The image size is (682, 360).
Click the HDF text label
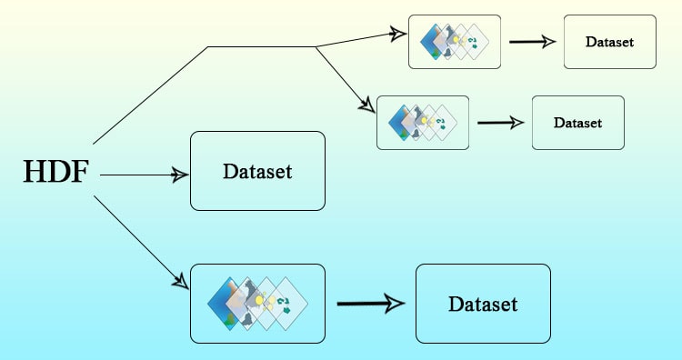pyautogui.click(x=55, y=172)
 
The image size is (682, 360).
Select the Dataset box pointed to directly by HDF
pyautogui.click(x=257, y=171)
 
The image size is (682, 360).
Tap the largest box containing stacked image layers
pyautogui.click(x=257, y=304)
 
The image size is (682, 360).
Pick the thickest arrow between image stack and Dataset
pyautogui.click(x=369, y=304)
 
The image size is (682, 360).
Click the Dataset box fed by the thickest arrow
pyautogui.click(x=483, y=304)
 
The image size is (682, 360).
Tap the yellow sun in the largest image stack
pyautogui.click(x=259, y=299)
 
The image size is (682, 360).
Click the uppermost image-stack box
pyautogui.click(x=455, y=41)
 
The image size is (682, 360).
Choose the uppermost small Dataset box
pyautogui.click(x=609, y=41)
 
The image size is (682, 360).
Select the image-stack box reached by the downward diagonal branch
pyautogui.click(x=423, y=122)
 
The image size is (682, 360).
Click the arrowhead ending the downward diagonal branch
pyautogui.click(x=368, y=105)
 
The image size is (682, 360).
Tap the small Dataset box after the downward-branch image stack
pyautogui.click(x=578, y=122)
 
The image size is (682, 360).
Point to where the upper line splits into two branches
pyautogui.click(x=315, y=46)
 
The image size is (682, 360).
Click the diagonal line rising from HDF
pyautogui.click(x=150, y=95)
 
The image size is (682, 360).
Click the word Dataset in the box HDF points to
pyautogui.click(x=257, y=171)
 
